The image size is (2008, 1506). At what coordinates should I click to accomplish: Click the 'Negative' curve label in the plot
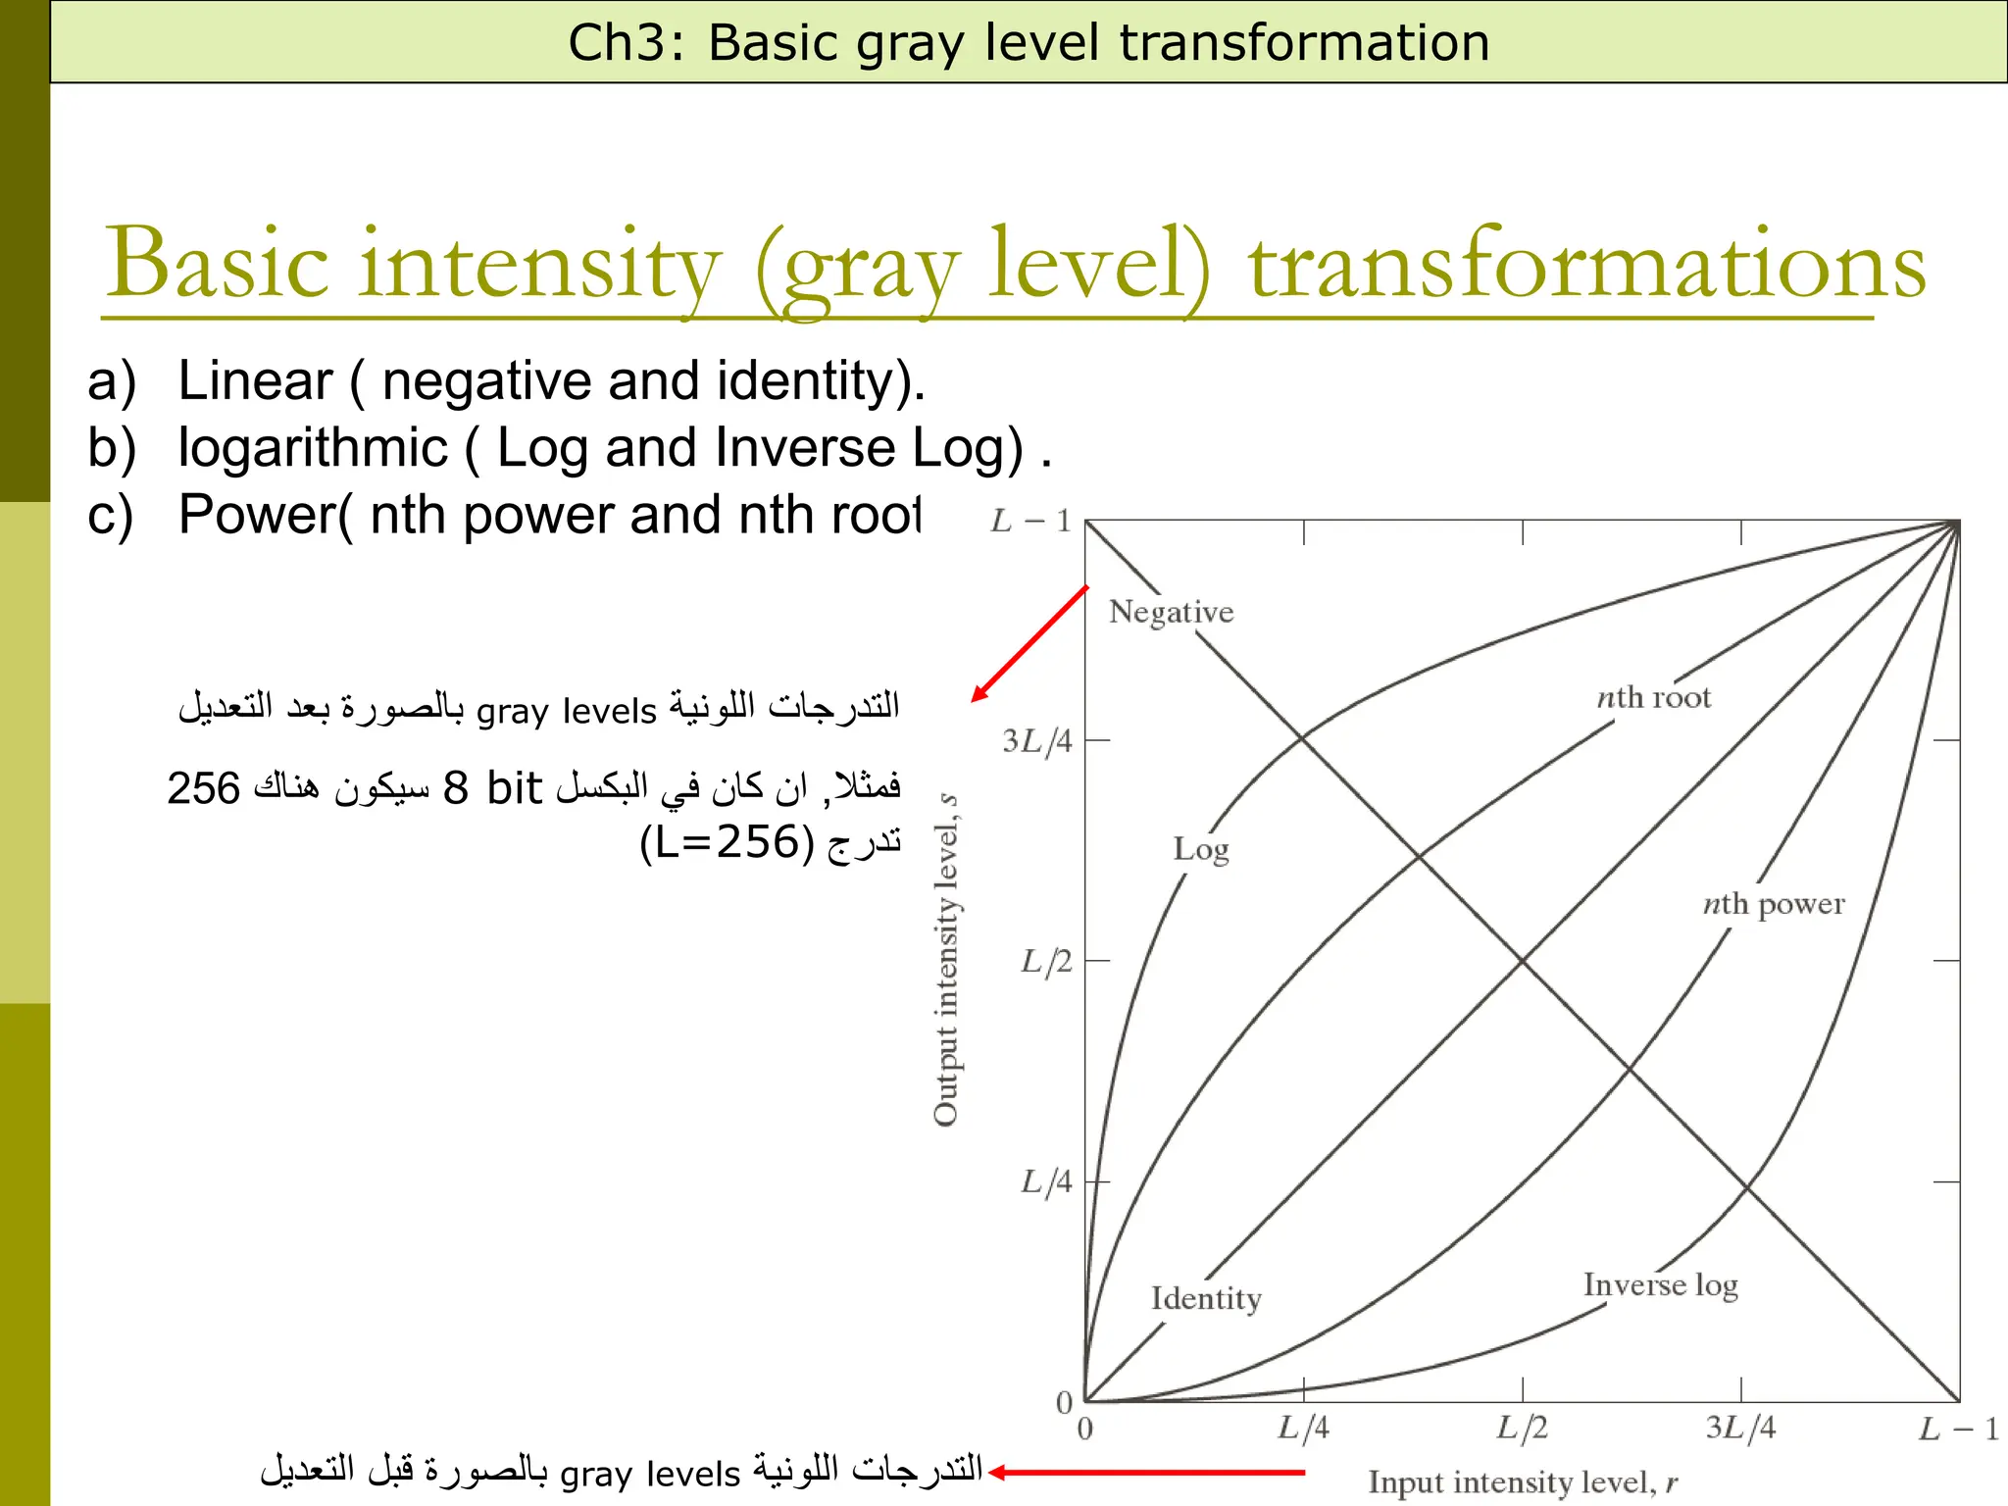click(x=1171, y=612)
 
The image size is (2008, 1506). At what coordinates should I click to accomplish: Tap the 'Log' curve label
click(x=1200, y=849)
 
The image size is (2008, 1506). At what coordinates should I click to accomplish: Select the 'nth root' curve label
click(x=1653, y=697)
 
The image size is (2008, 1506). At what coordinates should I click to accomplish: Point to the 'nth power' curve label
click(x=1773, y=903)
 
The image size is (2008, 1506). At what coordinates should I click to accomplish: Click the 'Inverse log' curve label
click(x=1660, y=1284)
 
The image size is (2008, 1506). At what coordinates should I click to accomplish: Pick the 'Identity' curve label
click(x=1206, y=1298)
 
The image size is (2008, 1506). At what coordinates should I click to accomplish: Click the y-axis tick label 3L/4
click(x=1037, y=741)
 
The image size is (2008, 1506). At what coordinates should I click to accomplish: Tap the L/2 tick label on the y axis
click(x=1046, y=961)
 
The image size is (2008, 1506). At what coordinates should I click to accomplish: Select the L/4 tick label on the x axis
click(x=1303, y=1428)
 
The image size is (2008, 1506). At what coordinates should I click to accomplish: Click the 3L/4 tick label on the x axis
click(x=1740, y=1428)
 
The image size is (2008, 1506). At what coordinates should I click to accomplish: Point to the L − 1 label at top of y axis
click(x=1029, y=521)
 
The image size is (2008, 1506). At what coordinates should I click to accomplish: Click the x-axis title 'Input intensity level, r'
click(x=1523, y=1482)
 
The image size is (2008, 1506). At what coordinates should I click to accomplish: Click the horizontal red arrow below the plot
click(x=1147, y=1472)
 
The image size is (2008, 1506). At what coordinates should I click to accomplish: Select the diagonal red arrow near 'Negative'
click(x=1029, y=644)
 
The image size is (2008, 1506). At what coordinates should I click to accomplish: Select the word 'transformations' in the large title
click(x=1586, y=265)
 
